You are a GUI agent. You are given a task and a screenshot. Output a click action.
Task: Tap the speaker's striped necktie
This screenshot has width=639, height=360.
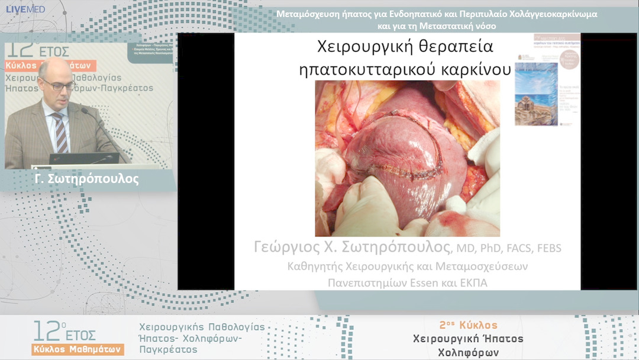point(60,131)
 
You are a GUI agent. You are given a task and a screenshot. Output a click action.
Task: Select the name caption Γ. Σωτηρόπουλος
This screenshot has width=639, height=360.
point(86,179)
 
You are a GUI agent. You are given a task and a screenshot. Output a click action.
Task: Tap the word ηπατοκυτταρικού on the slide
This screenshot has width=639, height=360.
point(368,69)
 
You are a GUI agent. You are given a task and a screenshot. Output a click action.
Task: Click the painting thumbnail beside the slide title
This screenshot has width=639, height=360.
point(535,95)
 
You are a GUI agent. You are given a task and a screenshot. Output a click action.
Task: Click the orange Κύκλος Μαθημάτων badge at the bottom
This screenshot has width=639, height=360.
point(78,349)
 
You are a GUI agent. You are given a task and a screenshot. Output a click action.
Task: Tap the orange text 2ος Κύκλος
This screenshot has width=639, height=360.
point(468,325)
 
